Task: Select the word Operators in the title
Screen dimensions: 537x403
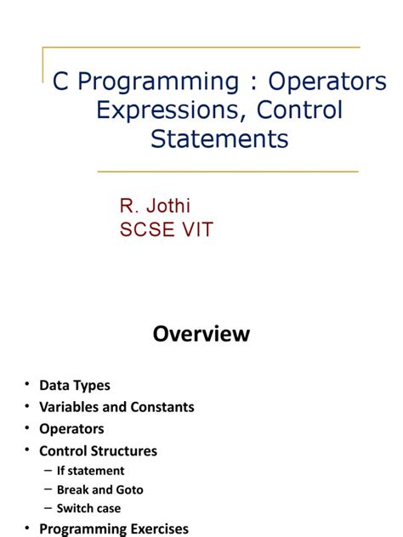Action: click(x=327, y=82)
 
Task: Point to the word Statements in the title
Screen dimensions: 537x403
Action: click(x=219, y=138)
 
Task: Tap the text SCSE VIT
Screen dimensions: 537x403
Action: click(x=166, y=229)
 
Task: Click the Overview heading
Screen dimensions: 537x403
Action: click(x=201, y=334)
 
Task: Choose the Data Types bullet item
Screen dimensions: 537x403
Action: click(x=75, y=385)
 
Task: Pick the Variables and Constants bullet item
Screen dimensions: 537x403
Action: click(x=116, y=407)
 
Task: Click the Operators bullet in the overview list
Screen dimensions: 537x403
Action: click(x=71, y=429)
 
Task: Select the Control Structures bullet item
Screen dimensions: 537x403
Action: click(x=98, y=451)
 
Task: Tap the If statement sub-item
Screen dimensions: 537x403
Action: click(x=90, y=471)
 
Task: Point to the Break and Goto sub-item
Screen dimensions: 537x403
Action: click(x=99, y=489)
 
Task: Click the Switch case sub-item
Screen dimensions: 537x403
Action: click(x=88, y=508)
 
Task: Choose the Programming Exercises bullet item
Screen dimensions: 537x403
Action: click(x=114, y=529)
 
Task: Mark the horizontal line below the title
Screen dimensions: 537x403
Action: click(x=228, y=172)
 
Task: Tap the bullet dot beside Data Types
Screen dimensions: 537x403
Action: click(x=27, y=386)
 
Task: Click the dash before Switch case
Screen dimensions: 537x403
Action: click(x=48, y=508)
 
